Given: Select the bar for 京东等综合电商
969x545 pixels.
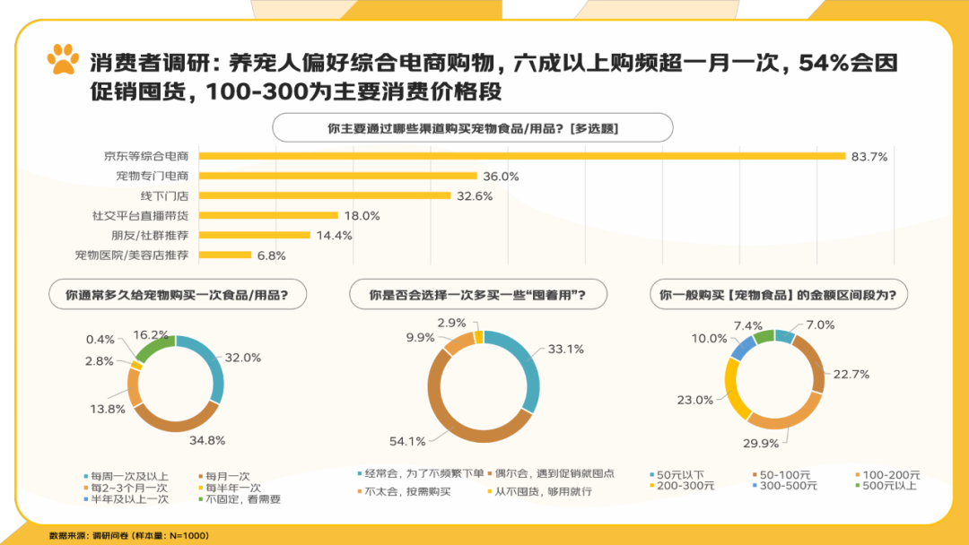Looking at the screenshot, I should [x=521, y=156].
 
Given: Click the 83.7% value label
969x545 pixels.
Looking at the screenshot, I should [x=869, y=157].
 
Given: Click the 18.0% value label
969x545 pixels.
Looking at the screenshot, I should [x=362, y=216].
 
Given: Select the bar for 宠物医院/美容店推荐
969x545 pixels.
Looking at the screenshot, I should [x=224, y=255].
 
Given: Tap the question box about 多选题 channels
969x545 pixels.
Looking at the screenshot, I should [x=472, y=128].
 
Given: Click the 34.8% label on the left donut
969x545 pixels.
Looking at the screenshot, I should [x=206, y=440].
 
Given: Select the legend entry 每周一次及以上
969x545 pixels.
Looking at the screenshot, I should [x=127, y=475].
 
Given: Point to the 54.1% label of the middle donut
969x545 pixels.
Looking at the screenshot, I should [x=408, y=441].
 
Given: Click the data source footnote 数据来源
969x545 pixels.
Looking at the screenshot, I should [x=128, y=535].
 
